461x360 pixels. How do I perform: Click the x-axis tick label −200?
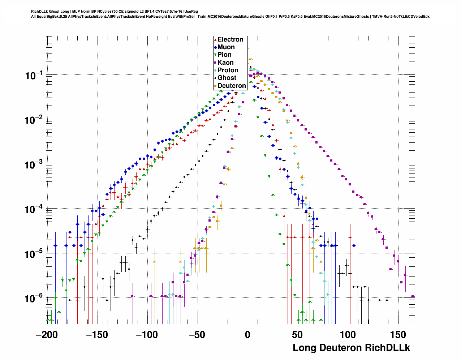coord(47,335)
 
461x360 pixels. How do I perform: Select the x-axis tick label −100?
coord(147,335)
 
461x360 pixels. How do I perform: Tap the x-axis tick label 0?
coord(247,335)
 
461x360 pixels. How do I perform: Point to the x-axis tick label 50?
coord(298,335)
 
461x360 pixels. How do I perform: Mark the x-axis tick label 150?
coord(398,335)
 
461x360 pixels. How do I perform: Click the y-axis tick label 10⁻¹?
coord(34,76)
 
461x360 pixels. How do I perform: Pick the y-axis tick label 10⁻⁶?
coord(34,299)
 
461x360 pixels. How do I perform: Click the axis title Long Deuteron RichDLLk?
coord(351,348)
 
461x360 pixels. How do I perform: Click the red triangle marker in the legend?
coord(215,39)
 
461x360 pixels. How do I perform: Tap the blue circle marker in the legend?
coord(215,47)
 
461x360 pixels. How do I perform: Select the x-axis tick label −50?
coord(197,335)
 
